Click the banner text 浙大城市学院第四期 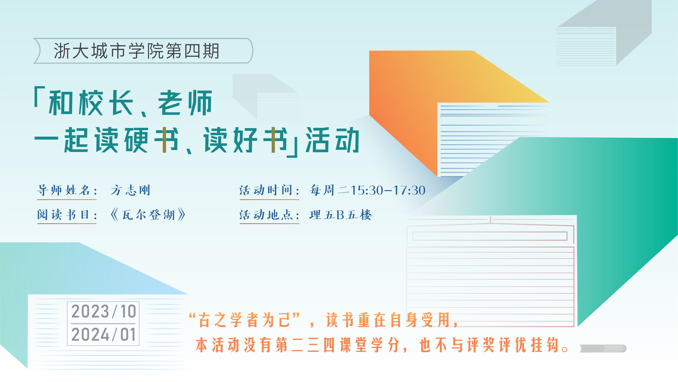coord(136,51)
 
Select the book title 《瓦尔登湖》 coord(148,215)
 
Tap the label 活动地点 coord(266,215)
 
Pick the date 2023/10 coord(103,311)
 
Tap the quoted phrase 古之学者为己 coord(244,320)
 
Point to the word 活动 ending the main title coord(332,140)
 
